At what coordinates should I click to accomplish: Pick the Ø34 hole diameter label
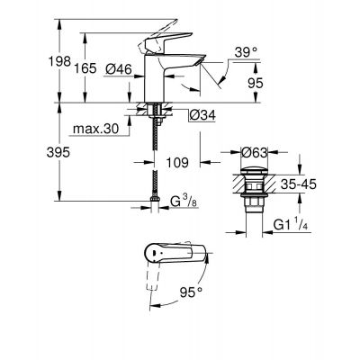[x=202, y=113]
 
